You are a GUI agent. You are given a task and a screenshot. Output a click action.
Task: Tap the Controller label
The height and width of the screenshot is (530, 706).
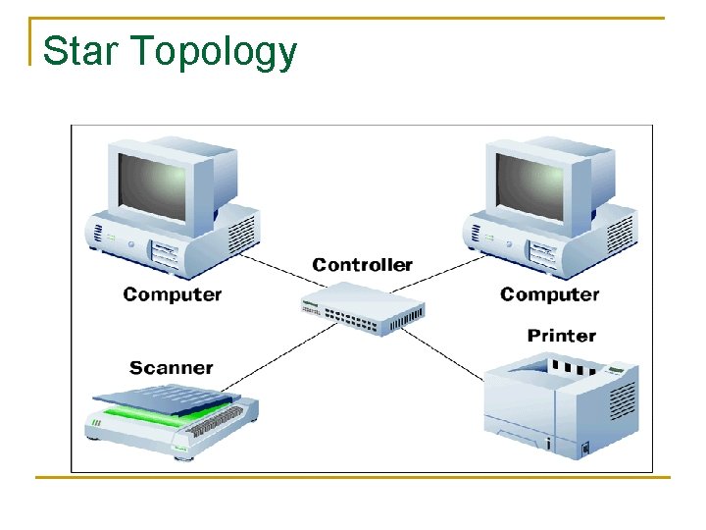pos(362,265)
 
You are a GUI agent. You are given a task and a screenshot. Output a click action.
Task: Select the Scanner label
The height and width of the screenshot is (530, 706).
pos(171,368)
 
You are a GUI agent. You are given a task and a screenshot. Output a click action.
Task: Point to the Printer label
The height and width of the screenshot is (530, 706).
pos(561,336)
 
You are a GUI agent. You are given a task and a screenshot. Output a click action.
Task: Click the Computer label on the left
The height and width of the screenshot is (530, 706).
pos(173,294)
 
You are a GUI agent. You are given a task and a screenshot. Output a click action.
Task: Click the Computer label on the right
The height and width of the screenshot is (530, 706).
pos(549,294)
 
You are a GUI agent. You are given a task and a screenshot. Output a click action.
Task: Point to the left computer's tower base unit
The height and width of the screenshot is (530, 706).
pos(176,240)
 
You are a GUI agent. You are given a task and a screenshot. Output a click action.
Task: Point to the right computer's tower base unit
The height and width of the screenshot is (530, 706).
pos(554,240)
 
